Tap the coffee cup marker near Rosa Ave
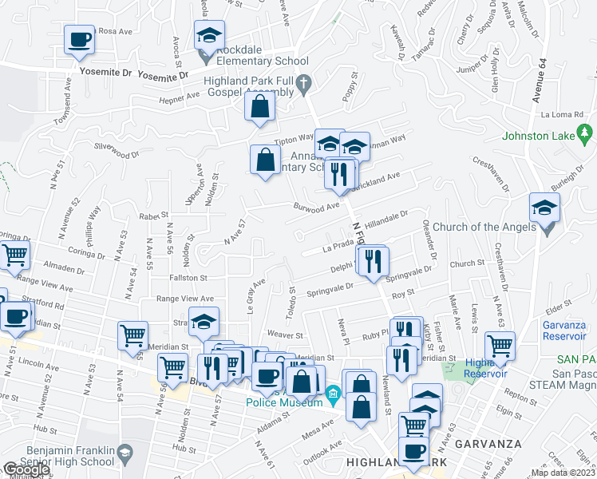click(x=79, y=40)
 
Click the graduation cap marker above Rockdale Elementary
click(x=209, y=37)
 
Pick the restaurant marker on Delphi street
click(x=373, y=261)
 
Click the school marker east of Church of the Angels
click(x=544, y=209)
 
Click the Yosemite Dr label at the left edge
click(x=105, y=72)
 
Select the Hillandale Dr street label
click(x=386, y=216)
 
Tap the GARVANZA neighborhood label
click(x=495, y=444)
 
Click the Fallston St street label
click(x=188, y=278)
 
